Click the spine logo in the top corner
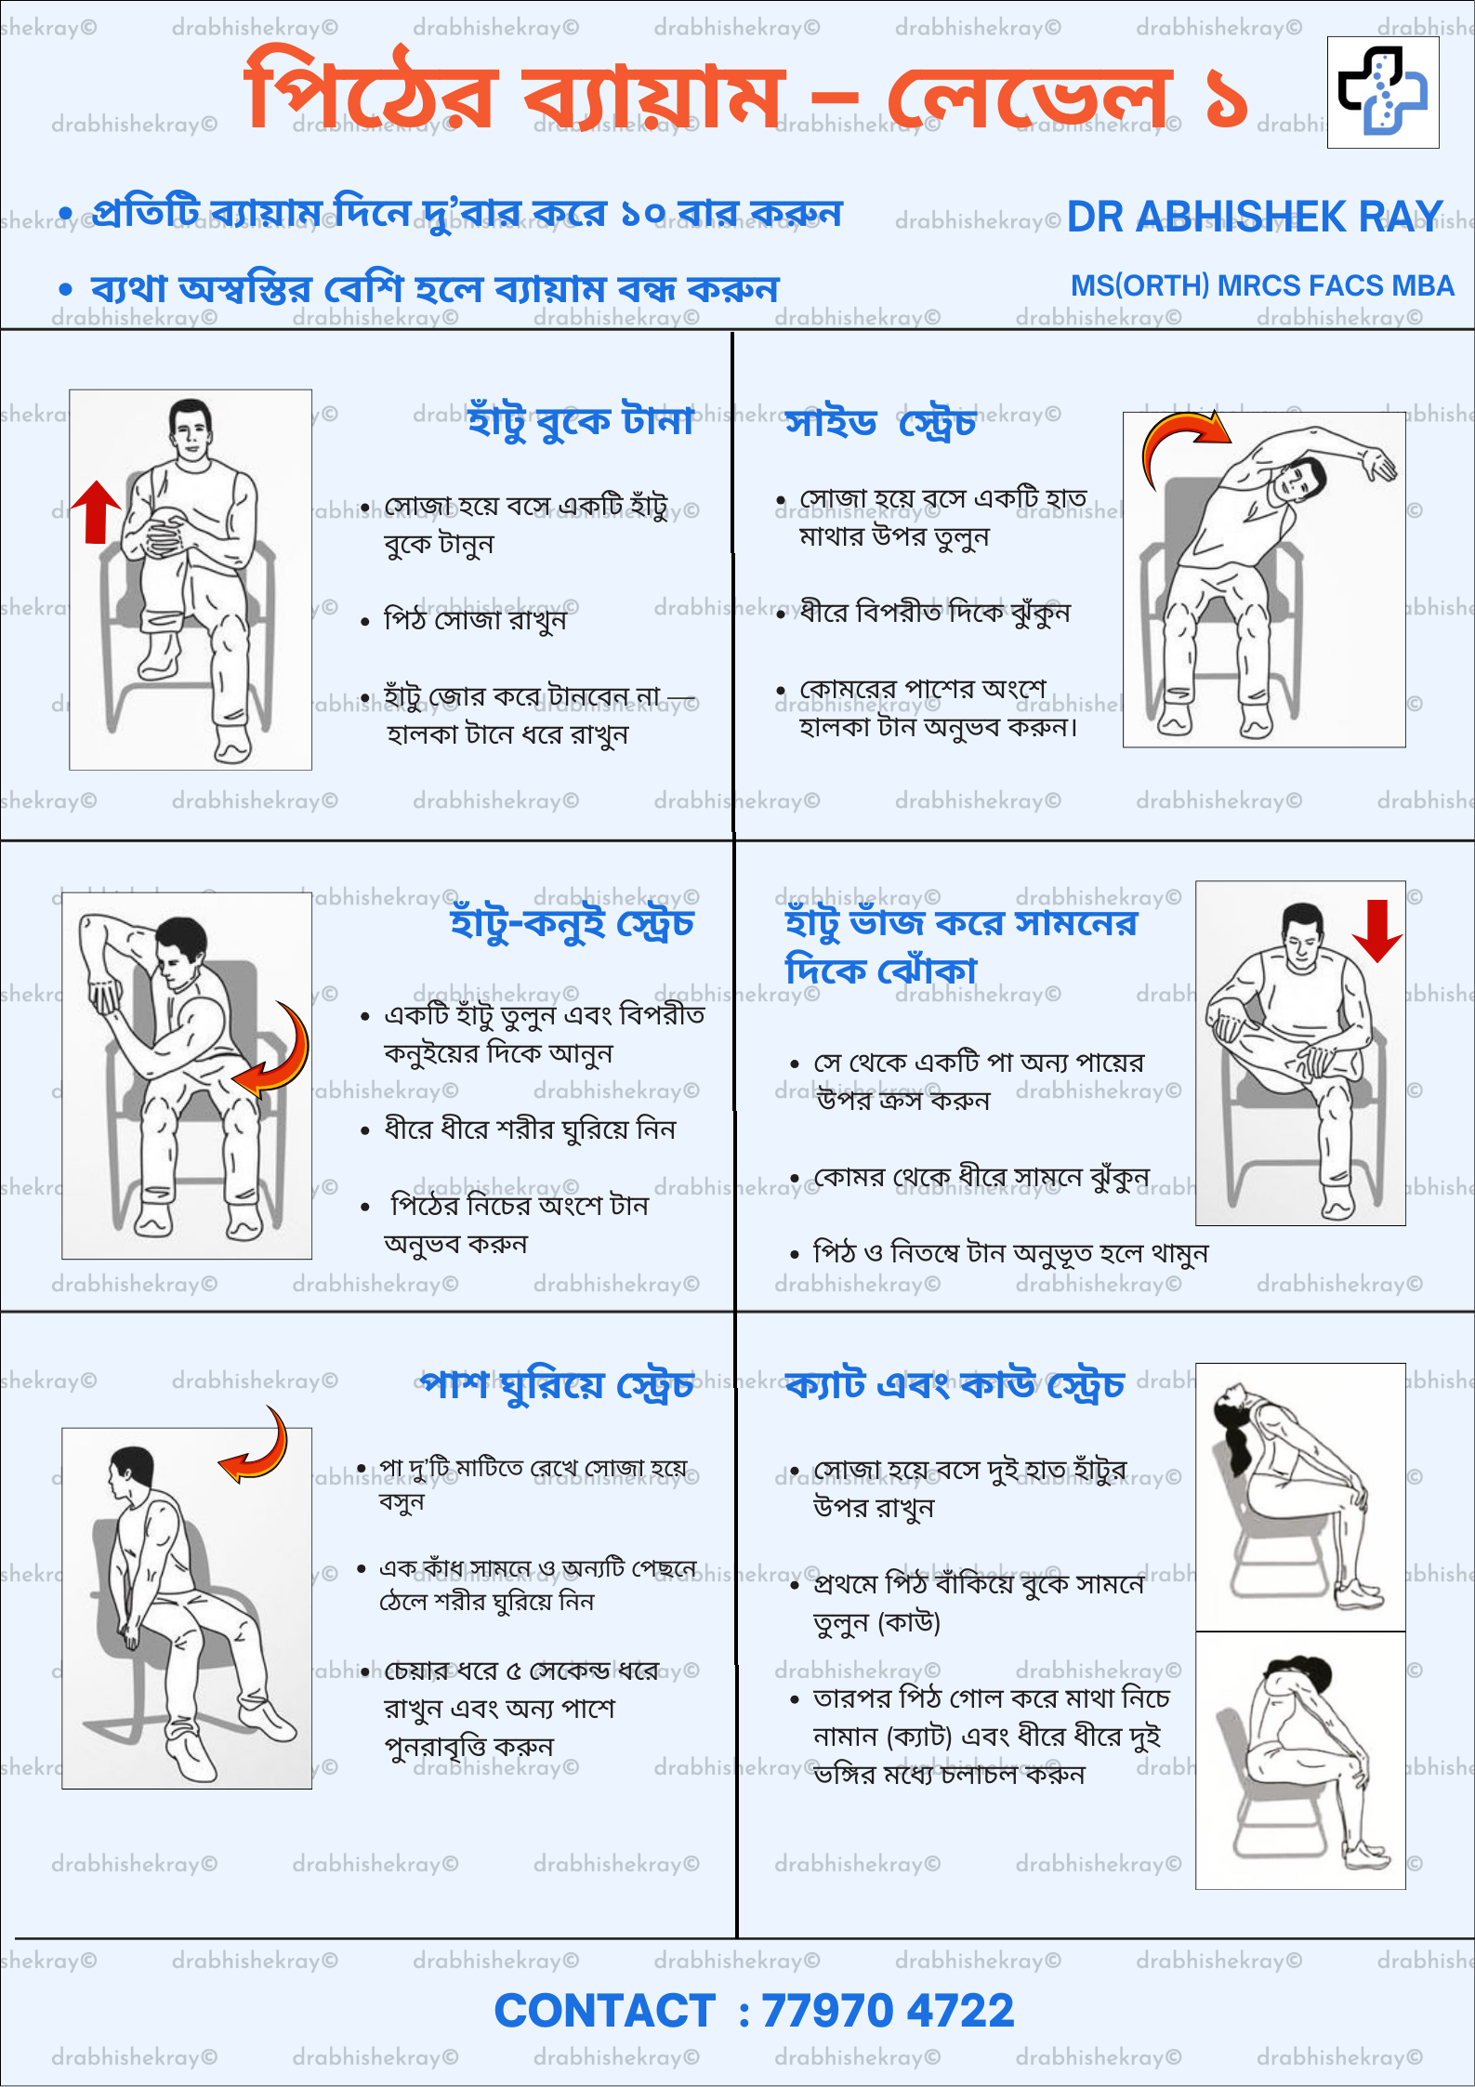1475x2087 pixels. click(x=1383, y=92)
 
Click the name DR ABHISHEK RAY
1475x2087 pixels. click(x=1255, y=217)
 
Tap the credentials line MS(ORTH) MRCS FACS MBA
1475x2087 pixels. click(x=1262, y=285)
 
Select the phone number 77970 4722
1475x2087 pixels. click(x=888, y=2011)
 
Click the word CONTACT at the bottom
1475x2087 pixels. click(x=605, y=2011)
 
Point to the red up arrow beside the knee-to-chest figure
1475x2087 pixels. click(x=96, y=511)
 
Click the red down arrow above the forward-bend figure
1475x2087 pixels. click(x=1376, y=931)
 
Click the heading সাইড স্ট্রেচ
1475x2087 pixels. click(x=880, y=423)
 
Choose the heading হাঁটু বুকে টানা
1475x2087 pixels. click(x=581, y=420)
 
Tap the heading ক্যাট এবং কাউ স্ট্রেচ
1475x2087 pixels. click(x=955, y=1385)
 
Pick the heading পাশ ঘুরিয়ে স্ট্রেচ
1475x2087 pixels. click(x=557, y=1385)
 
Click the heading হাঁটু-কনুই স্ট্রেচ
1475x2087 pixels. click(x=572, y=923)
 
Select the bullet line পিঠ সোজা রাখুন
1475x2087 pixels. click(x=475, y=619)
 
